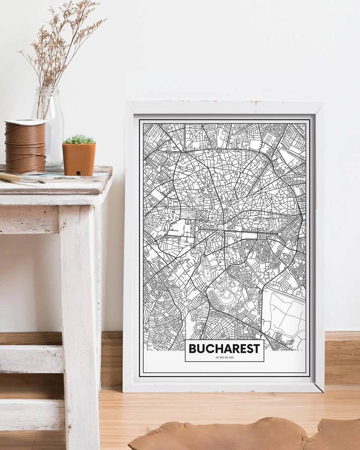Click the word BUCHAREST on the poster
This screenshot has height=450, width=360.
point(224,348)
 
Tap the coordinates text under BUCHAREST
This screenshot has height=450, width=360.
point(224,358)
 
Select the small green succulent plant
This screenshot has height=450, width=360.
point(79,139)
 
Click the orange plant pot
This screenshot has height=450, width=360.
point(79,159)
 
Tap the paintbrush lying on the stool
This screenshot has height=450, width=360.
point(21,178)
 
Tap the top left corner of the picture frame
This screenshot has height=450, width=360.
point(127,102)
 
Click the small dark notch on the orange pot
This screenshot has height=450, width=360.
point(78,173)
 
